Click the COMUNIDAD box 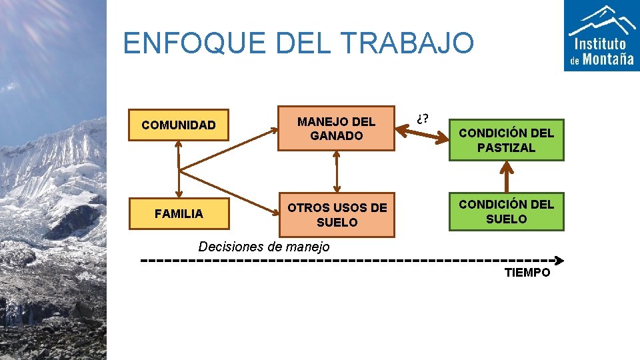[x=179, y=125]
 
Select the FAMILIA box [x=179, y=214]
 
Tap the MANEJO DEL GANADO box [x=337, y=129]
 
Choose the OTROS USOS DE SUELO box [x=337, y=215]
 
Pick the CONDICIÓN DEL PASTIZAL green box [x=506, y=140]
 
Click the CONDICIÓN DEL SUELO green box [x=506, y=211]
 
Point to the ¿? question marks [x=422, y=119]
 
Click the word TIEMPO [x=527, y=273]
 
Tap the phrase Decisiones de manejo [x=264, y=247]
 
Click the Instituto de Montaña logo [x=602, y=35]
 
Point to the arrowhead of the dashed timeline [x=560, y=260]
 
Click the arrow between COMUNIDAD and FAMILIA [x=179, y=169]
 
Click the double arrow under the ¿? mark [x=422, y=133]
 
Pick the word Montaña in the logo [x=608, y=59]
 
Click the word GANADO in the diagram [x=337, y=135]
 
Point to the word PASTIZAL [x=506, y=147]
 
